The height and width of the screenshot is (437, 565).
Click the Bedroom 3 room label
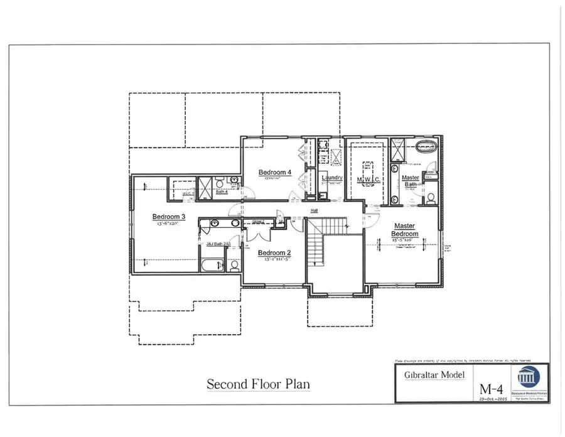click(166, 217)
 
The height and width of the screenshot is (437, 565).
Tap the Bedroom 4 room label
click(275, 172)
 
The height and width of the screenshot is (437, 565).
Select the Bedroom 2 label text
click(275, 253)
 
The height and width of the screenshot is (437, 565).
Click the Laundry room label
click(331, 178)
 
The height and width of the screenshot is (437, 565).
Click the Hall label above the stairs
click(313, 210)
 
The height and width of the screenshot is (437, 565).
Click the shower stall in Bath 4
click(205, 188)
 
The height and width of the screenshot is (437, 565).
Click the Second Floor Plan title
click(259, 383)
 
